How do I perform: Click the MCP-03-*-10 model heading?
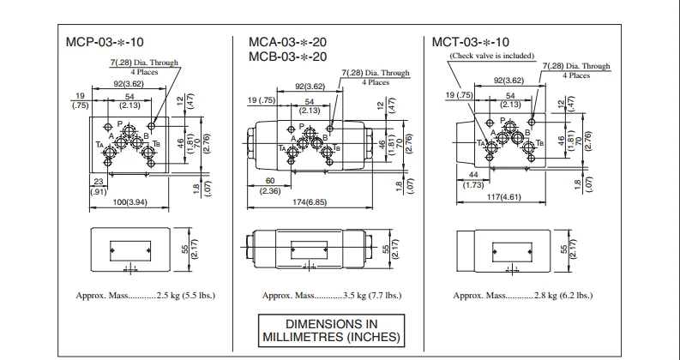coord(100,41)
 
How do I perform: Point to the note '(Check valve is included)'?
coord(491,56)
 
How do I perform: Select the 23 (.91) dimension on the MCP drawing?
coord(99,186)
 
